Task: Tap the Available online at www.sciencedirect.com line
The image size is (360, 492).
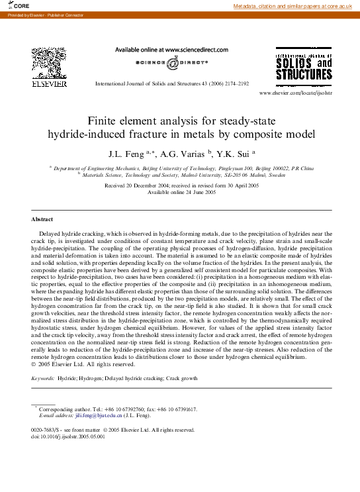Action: point(171,50)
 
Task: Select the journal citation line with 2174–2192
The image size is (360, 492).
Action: point(172,83)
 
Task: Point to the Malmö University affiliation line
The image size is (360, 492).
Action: point(180,175)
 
